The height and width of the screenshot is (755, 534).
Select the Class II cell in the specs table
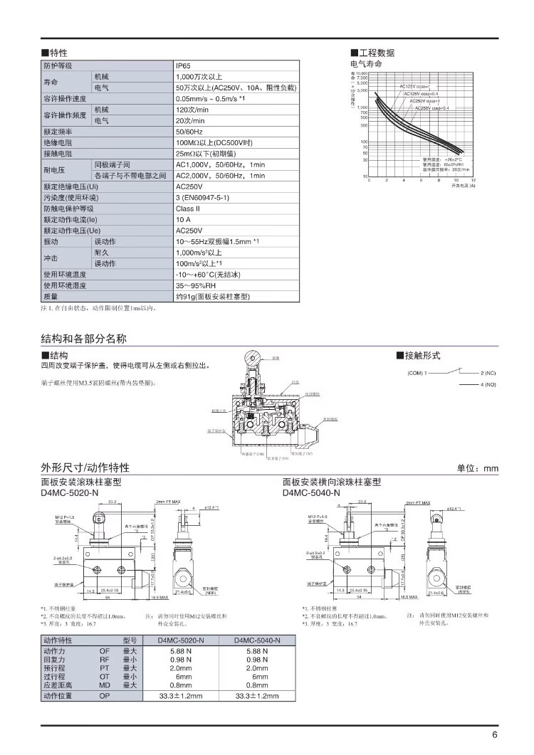point(188,209)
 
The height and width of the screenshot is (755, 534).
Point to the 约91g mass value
point(213,296)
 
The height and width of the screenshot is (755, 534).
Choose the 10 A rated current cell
point(184,220)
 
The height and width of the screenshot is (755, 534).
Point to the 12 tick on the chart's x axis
point(471,181)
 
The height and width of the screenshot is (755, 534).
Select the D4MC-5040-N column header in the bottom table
point(257,640)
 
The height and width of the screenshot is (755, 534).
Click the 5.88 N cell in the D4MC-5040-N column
point(256,650)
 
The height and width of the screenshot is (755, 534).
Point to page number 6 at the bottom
point(494,736)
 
